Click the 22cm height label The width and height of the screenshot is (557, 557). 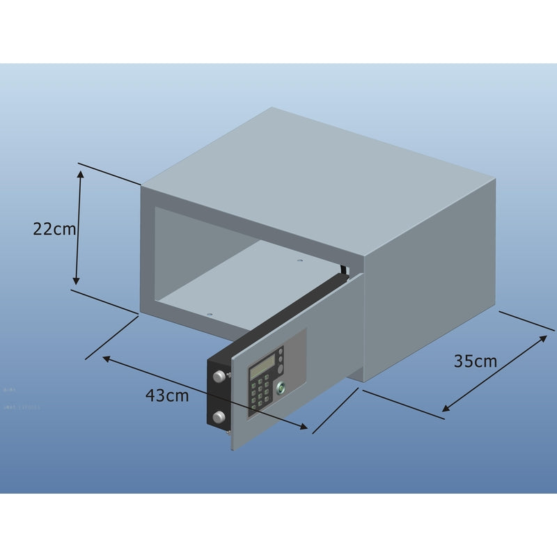point(54,228)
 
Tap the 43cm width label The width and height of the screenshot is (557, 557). point(167,395)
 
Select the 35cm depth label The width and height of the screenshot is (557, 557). point(476,361)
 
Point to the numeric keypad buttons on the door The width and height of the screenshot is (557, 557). point(262,392)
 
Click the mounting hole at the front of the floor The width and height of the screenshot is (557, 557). point(207,313)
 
